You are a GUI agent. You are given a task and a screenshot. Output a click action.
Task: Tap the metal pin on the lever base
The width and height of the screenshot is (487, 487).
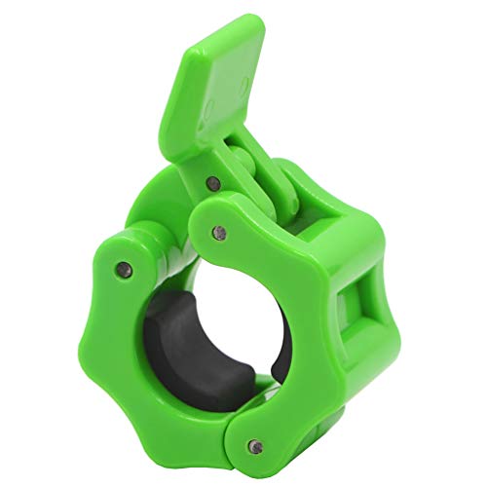point(210,181)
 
